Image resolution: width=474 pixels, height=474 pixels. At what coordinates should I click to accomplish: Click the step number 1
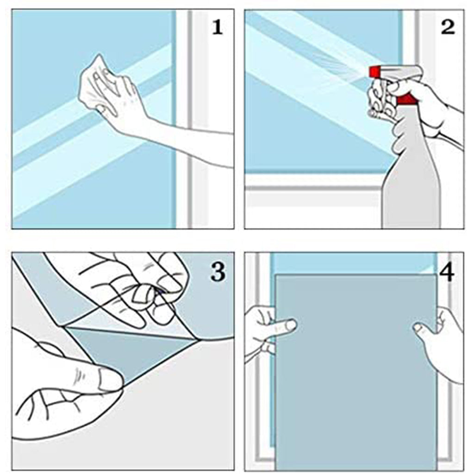click(218, 27)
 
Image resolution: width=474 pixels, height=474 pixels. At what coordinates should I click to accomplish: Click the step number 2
click(448, 27)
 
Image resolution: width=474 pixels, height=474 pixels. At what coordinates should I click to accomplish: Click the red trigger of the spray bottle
click(405, 99)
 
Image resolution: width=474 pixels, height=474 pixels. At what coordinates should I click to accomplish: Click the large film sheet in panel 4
click(356, 372)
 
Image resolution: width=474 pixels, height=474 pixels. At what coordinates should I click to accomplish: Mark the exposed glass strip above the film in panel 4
click(353, 263)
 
